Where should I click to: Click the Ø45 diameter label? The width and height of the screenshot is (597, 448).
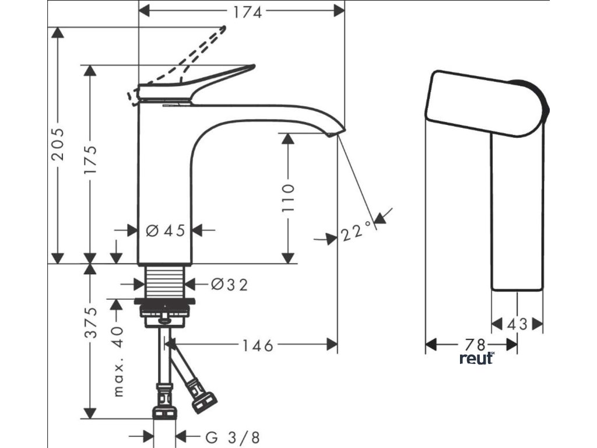165,231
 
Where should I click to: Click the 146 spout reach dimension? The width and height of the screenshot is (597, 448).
257,345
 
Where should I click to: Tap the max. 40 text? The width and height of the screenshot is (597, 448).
118,362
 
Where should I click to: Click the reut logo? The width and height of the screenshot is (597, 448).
476,358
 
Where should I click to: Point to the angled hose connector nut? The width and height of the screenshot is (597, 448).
205,400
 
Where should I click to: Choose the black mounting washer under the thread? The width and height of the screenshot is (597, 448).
165,302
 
